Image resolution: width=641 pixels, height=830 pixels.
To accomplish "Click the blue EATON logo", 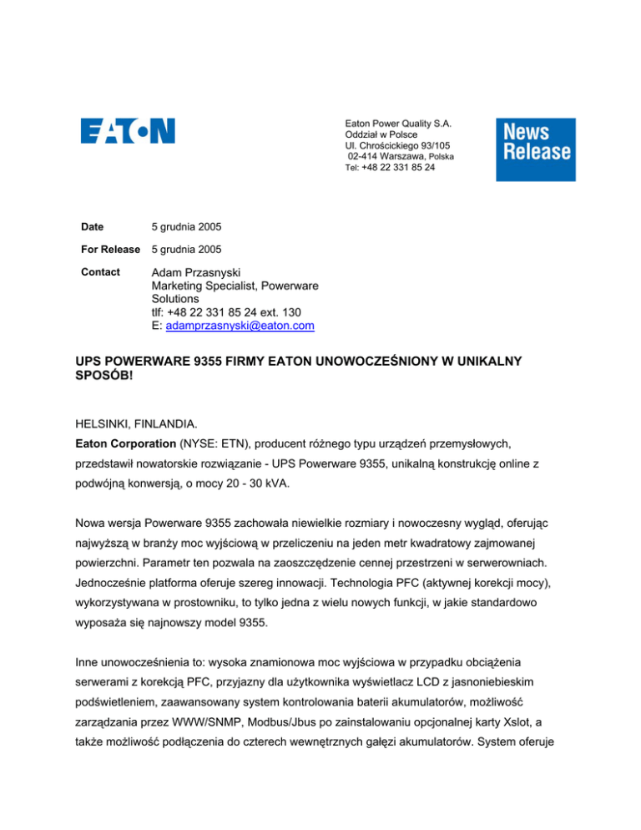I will (x=128, y=131).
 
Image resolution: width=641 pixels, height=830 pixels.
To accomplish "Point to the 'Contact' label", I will (x=102, y=272).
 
